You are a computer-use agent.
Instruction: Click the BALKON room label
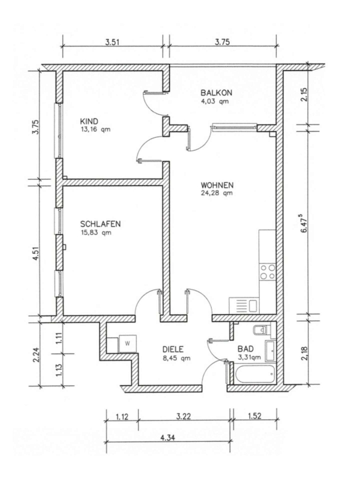pyautogui.click(x=217, y=92)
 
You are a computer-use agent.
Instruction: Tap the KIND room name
pyautogui.click(x=89, y=121)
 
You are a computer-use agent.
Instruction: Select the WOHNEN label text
pyautogui.click(x=217, y=185)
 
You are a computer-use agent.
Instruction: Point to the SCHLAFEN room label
pyautogui.click(x=100, y=224)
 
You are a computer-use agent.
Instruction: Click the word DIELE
pyautogui.click(x=173, y=349)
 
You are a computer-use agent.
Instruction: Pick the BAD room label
pyautogui.click(x=245, y=349)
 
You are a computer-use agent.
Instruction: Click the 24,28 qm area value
pyautogui.click(x=217, y=193)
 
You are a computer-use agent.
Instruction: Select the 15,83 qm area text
pyautogui.click(x=96, y=233)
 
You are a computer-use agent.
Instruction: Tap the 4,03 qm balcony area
pyautogui.click(x=214, y=101)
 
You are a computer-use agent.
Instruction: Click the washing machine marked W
pyautogui.click(x=127, y=344)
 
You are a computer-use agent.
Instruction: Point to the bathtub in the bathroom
pyautogui.click(x=255, y=373)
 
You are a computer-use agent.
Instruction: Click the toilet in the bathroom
pyautogui.click(x=262, y=330)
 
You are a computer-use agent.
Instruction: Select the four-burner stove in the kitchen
pyautogui.click(x=268, y=272)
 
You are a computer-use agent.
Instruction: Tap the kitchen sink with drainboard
pyautogui.click(x=244, y=306)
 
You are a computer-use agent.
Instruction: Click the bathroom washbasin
pyautogui.click(x=270, y=351)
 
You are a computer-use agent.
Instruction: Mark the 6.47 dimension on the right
pyautogui.click(x=305, y=223)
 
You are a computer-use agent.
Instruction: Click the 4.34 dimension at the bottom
pyautogui.click(x=167, y=438)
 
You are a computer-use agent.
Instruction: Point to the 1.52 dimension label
pyautogui.click(x=254, y=417)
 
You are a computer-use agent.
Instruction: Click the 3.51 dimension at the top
pyautogui.click(x=112, y=42)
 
